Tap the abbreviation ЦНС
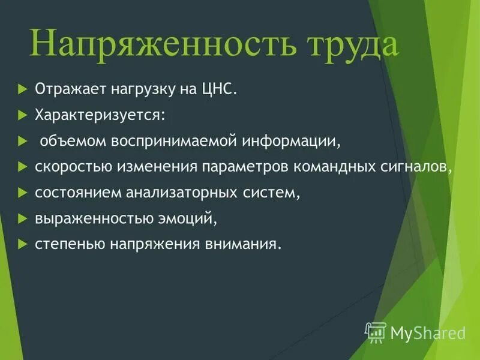pos(221,89)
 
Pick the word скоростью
pos(67,167)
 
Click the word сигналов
pos(420,167)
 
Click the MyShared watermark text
pos(428,332)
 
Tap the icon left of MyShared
pos(376,331)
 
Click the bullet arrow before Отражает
pos(23,89)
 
